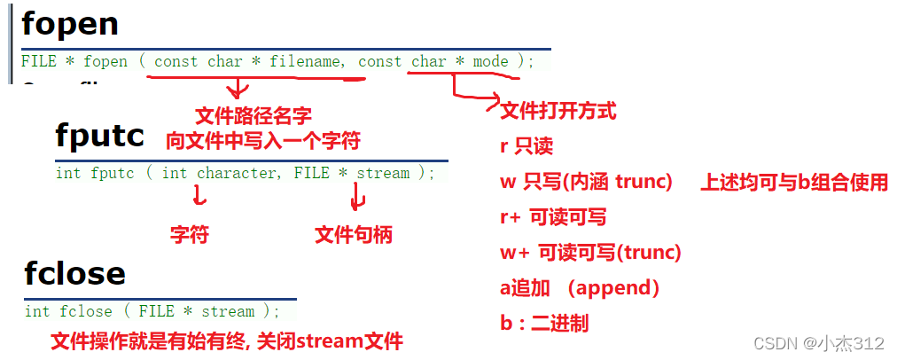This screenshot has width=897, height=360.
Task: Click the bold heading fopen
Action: pos(70,24)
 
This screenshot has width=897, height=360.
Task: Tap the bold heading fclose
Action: pos(74,274)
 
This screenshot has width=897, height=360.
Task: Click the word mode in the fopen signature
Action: pos(490,61)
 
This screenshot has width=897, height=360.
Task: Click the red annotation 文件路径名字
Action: pos(253,116)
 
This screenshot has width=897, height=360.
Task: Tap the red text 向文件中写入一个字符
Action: pos(263,140)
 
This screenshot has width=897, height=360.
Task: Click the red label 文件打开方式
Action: pos(558,112)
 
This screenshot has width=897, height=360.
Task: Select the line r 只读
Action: pos(526,147)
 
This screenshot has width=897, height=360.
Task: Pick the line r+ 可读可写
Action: pos(553,217)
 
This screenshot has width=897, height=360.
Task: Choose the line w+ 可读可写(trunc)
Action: pos(590,253)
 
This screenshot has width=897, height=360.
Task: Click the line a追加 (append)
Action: pos(580,288)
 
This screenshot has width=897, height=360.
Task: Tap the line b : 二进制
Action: pos(544,324)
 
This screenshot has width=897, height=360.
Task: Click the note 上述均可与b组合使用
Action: pos(794,183)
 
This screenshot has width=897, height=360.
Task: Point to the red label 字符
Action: pos(190,234)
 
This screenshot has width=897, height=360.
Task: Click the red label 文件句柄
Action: pos(354,234)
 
